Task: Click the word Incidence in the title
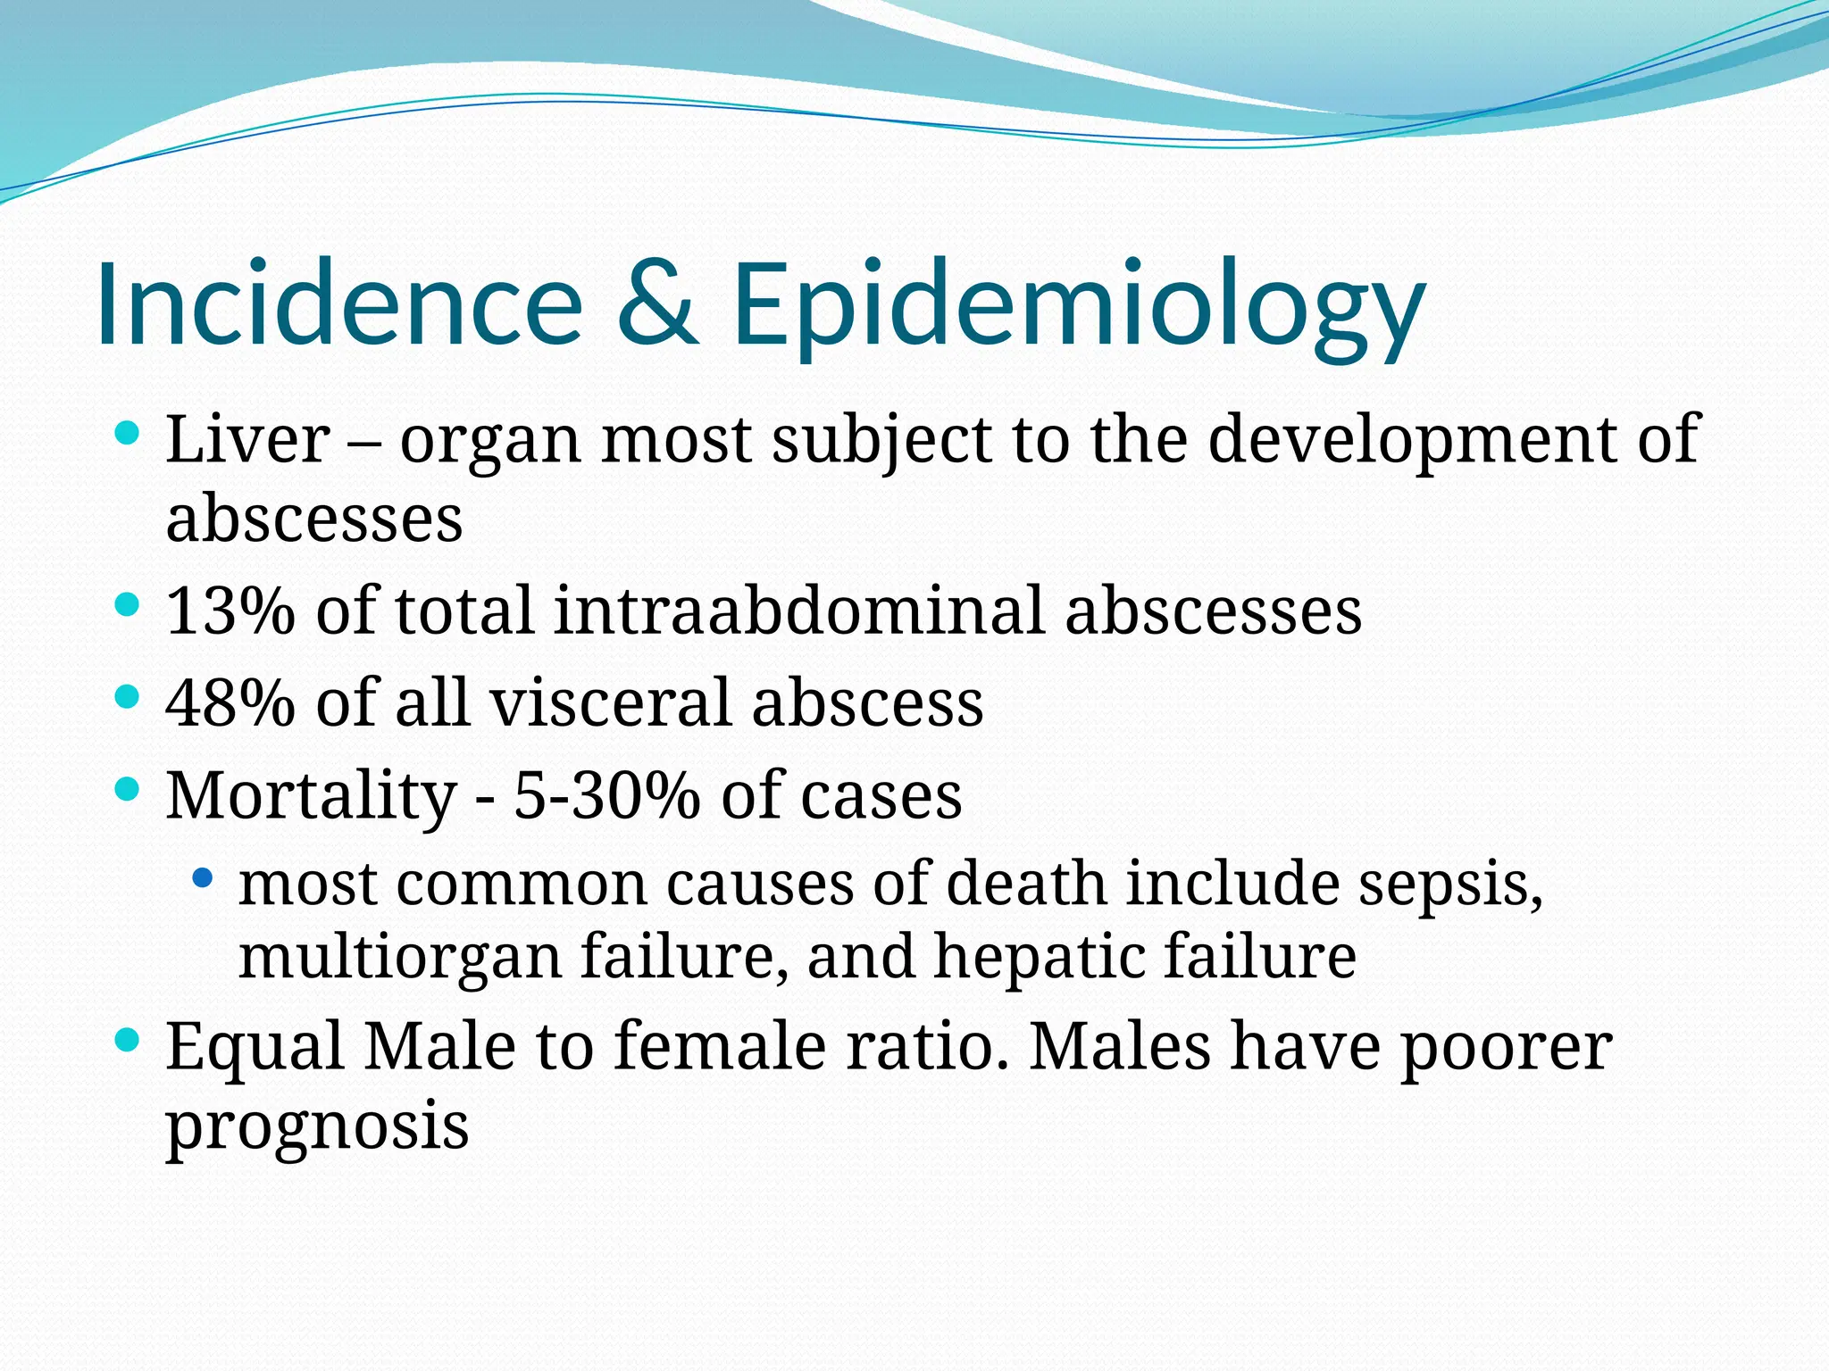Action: coord(339,303)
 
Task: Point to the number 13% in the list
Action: coord(230,611)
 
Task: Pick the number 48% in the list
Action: coord(230,702)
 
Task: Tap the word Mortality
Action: coord(311,796)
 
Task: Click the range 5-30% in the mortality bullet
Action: coord(606,796)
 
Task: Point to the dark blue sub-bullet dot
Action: coord(204,878)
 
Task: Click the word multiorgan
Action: coord(399,957)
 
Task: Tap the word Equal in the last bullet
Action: coord(255,1048)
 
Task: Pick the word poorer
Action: coord(1505,1050)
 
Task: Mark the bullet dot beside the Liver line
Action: coord(129,435)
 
